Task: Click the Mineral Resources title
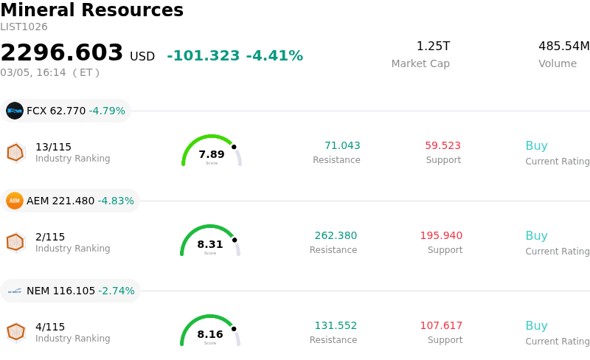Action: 91,10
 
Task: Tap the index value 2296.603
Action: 62,53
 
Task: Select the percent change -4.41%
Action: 274,56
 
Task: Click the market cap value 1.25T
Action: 433,46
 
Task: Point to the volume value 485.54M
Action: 563,46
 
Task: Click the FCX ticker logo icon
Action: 15,111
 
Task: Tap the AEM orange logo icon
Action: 15,201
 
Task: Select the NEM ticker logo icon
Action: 15,291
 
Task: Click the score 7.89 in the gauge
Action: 212,154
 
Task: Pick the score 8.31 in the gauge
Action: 210,244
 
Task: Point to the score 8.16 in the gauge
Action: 210,334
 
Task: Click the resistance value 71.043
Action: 342,146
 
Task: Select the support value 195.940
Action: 441,236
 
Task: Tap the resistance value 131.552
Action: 336,326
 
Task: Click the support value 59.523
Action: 442,146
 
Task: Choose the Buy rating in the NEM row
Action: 536,326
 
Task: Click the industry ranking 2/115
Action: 50,237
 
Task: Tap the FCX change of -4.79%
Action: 107,111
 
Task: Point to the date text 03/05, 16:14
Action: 33,72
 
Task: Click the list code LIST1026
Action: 24,27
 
